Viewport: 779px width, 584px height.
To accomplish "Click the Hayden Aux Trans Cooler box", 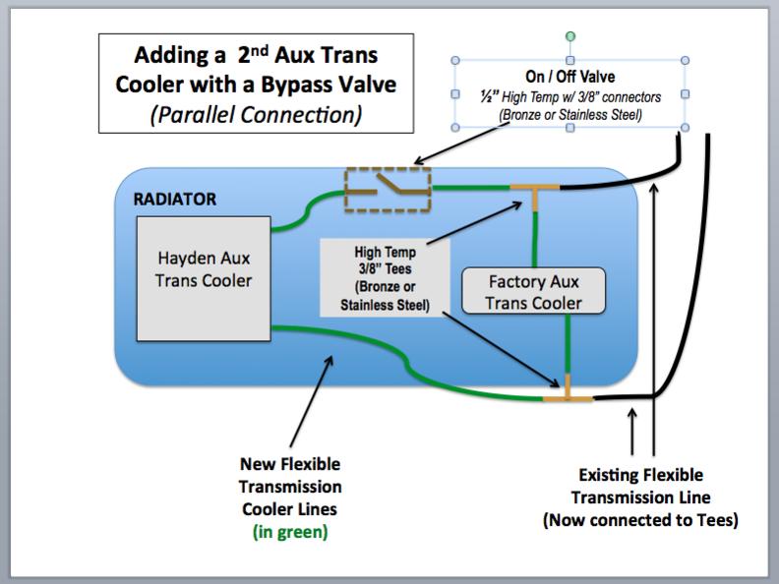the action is point(204,279).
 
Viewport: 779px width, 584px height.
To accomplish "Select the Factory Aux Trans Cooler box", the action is point(533,291).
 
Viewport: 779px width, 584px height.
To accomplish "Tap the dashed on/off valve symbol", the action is point(388,190).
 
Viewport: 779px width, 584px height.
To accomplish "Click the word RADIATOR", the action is point(175,200).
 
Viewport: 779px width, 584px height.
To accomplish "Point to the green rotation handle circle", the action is point(570,36).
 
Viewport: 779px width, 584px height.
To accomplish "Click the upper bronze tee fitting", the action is point(535,193).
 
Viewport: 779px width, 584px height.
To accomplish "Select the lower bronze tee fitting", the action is point(568,392).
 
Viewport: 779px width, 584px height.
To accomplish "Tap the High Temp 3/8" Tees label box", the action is point(385,278).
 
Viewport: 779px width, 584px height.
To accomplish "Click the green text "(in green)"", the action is point(290,532).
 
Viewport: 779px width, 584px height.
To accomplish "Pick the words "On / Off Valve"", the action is point(570,77).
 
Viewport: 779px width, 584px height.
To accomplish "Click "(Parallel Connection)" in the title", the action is point(257,115).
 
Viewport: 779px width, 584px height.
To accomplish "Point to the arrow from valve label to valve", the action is point(462,143).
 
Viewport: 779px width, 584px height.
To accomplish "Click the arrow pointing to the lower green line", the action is point(312,401).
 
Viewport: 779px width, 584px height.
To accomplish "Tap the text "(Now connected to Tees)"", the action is point(641,520).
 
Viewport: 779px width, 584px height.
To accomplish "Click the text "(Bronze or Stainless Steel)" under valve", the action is point(570,115).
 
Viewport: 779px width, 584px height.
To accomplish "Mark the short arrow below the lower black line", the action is point(631,432).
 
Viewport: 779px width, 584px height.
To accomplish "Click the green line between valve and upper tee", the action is point(471,187).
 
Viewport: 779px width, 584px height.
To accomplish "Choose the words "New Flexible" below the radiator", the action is point(290,464).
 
